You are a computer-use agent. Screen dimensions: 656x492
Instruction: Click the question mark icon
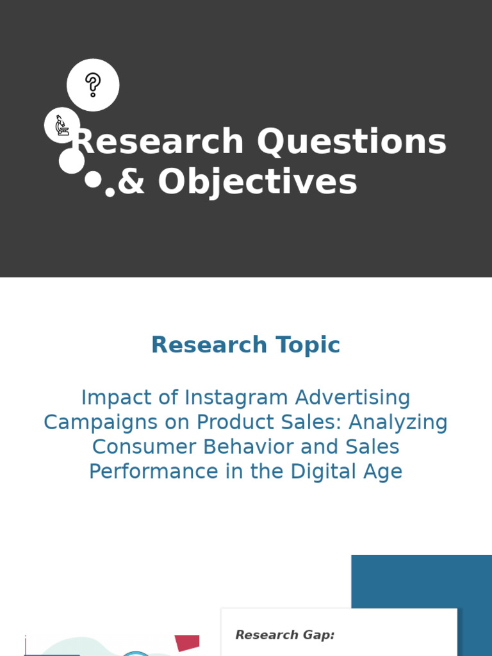93,85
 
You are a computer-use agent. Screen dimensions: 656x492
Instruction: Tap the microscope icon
61,125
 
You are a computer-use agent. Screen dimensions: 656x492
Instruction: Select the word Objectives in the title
258,182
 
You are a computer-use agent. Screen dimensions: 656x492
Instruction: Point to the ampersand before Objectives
132,182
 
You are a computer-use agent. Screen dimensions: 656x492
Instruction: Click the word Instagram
237,398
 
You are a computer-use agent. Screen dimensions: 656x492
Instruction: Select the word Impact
116,398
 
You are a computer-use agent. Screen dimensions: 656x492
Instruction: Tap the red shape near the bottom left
187,643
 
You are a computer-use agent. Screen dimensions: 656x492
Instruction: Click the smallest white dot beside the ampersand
110,192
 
